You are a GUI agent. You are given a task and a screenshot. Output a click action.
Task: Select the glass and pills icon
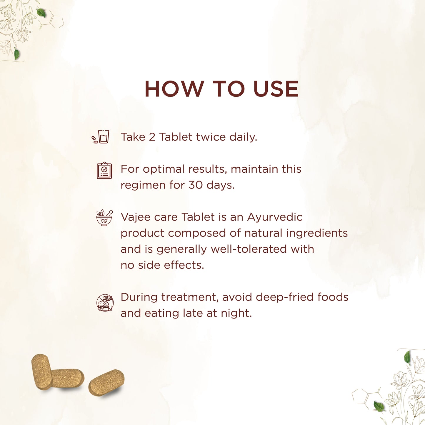coord(100,137)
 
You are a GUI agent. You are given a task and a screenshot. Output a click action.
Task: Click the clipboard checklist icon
coord(104,171)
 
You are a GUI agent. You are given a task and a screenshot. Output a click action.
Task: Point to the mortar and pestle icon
coord(104,218)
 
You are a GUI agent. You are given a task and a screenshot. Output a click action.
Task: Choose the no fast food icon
coord(105,303)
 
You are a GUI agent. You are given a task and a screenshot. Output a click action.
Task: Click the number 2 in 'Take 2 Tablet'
coord(152,137)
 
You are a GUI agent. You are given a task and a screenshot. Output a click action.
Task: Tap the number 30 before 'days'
coord(195,185)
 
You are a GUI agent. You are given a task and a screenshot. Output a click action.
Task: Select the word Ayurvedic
coord(275,217)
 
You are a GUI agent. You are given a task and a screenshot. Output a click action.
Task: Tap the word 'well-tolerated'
coord(249,249)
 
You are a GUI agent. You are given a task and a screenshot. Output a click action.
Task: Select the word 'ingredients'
coord(317,233)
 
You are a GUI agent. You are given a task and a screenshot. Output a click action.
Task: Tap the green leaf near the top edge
coord(41,13)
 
